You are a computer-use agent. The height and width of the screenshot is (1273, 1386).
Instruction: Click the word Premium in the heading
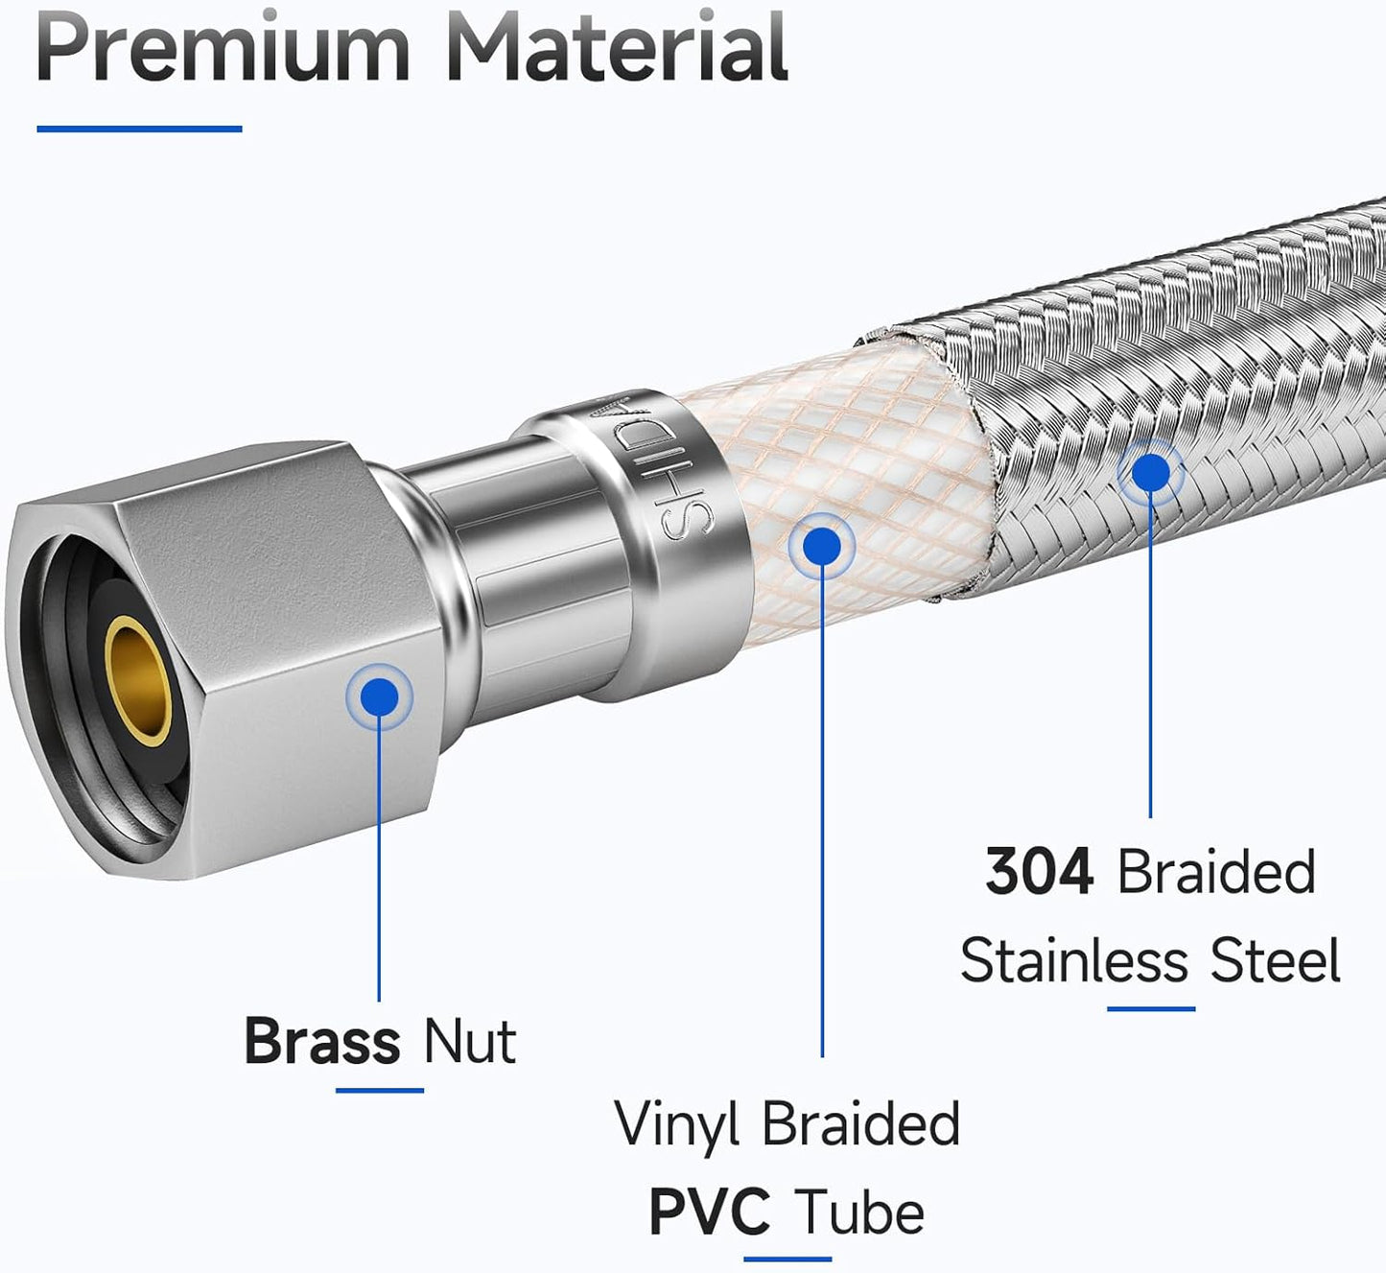(x=223, y=48)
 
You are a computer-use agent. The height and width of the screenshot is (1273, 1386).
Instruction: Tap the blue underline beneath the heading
(x=140, y=129)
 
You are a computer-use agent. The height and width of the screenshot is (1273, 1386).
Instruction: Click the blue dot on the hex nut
(x=379, y=696)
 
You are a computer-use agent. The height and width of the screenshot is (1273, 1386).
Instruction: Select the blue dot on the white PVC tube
(x=821, y=547)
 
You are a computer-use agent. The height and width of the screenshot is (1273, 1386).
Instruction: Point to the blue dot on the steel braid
(x=1150, y=473)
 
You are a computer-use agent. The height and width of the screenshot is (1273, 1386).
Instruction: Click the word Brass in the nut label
(x=322, y=1041)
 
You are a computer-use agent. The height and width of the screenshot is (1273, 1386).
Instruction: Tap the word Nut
(x=470, y=1041)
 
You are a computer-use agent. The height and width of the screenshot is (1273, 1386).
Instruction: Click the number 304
(x=1039, y=872)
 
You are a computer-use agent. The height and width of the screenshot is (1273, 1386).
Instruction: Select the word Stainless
(x=1073, y=960)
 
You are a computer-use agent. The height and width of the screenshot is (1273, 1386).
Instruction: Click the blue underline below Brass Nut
(x=379, y=1091)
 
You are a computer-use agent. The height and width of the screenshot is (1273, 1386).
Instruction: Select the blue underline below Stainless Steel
(x=1150, y=1009)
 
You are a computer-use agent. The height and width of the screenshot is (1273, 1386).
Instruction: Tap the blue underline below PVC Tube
(x=787, y=1260)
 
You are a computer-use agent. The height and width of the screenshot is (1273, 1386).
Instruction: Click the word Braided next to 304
(x=1216, y=872)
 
